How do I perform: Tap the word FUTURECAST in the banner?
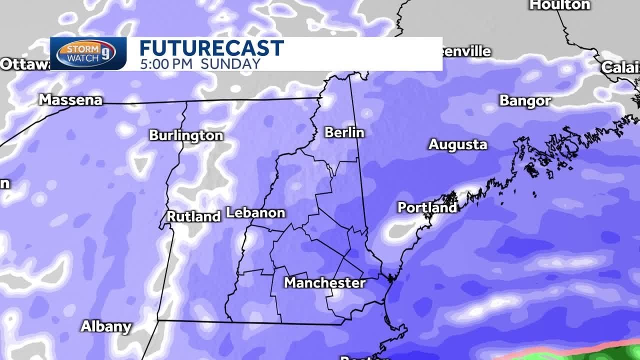[x=211, y=48]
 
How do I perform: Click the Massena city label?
[x=70, y=100]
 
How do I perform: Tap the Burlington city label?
[x=186, y=136]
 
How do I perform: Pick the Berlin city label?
[x=344, y=132]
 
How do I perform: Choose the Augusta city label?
[x=457, y=145]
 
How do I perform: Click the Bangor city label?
[x=525, y=101]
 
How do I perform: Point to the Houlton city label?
[x=560, y=5]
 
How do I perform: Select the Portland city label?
[x=427, y=207]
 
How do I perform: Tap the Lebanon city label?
[x=255, y=212]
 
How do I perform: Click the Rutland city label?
[x=193, y=216]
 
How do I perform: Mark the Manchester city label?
[x=325, y=283]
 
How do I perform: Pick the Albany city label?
[x=106, y=327]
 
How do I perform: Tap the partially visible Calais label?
[x=620, y=67]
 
